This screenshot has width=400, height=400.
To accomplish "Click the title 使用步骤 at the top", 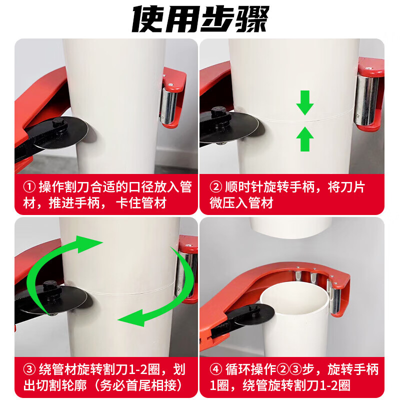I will (200, 18).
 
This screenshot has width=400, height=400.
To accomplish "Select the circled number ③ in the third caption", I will (29, 370).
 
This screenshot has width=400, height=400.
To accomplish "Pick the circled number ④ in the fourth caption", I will (215, 370).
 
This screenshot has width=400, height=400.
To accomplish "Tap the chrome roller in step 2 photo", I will (366, 100).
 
